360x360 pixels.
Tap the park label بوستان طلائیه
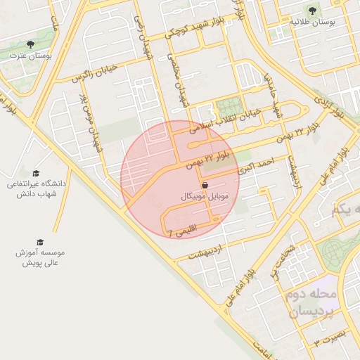[x=311, y=22]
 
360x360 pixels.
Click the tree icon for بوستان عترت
[x=30, y=44]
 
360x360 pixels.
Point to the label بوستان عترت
[x=30, y=56]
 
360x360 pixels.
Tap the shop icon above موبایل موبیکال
[x=204, y=184]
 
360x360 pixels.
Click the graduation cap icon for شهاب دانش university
[x=36, y=172]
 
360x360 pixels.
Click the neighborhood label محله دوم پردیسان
[x=313, y=302]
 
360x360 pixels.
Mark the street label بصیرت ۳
[x=330, y=338]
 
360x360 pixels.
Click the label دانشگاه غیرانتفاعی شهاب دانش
[x=35, y=189]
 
